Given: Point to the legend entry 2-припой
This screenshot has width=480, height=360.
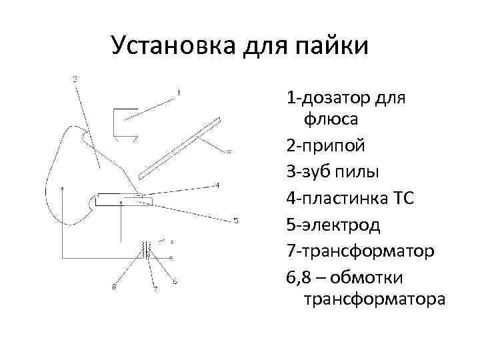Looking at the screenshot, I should tap(325, 146).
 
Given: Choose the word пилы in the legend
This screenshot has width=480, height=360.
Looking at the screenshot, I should tap(356, 171).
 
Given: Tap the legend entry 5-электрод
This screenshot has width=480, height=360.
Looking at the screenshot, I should tap(333, 224).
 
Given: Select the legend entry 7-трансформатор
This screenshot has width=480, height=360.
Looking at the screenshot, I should tap(361, 250).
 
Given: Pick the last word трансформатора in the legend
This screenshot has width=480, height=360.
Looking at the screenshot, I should tap(374, 299).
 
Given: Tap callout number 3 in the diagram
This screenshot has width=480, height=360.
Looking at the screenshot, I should tap(75, 79).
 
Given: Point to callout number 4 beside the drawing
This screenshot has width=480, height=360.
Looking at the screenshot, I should tap(218, 185).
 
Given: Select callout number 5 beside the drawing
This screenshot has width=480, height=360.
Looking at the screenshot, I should tap(235, 221).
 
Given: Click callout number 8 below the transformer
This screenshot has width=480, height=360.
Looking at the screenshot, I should tap(114, 287).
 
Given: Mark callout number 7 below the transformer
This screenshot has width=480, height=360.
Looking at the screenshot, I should tap(155, 289).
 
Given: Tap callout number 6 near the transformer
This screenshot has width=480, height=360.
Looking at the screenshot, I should tap(175, 282).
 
